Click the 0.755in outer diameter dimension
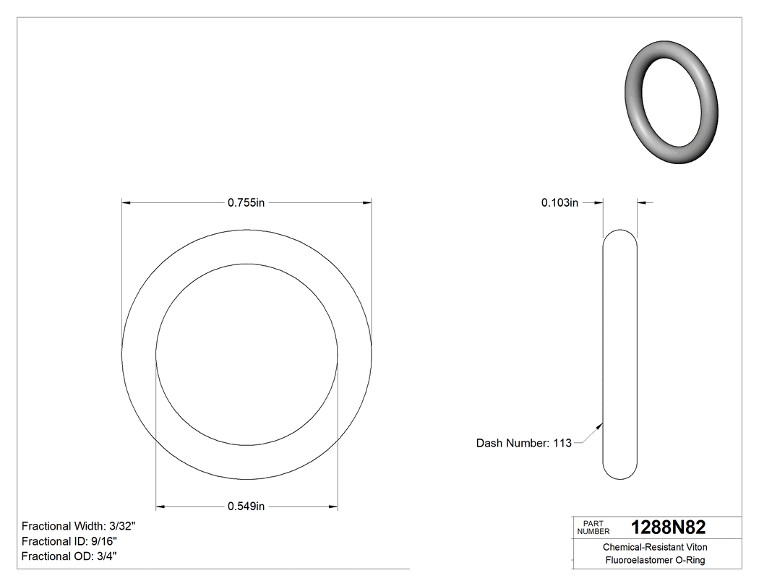[x=246, y=203]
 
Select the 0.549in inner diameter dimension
[x=246, y=507]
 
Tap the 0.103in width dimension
[x=559, y=203]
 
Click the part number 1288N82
[x=668, y=527]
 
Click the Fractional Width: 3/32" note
[x=79, y=526]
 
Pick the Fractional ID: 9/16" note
[x=69, y=541]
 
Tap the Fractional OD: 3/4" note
[x=70, y=556]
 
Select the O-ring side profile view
[x=620, y=354]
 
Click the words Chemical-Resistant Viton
[x=655, y=548]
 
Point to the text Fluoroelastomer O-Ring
[x=655, y=561]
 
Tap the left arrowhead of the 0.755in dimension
[x=126, y=203]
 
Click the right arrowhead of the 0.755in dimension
[x=367, y=203]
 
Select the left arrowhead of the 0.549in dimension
[x=161, y=507]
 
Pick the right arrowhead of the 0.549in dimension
[x=333, y=507]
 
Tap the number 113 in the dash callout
[x=562, y=443]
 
